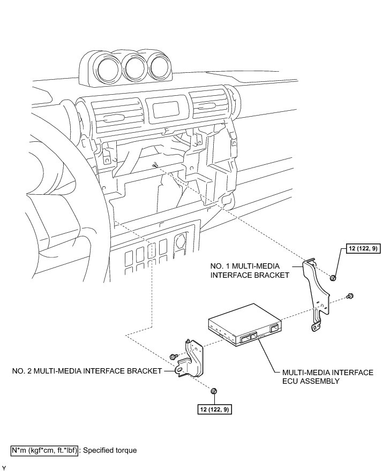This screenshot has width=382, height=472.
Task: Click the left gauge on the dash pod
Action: tap(108, 66)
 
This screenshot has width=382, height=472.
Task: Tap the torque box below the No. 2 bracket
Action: tap(214, 409)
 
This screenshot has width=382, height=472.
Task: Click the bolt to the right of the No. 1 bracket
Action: tap(350, 295)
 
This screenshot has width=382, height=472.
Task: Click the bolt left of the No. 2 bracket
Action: tap(173, 356)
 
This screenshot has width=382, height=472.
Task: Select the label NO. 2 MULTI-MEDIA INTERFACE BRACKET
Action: tap(87, 370)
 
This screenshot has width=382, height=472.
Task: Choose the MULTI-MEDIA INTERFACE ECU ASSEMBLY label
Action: tap(323, 377)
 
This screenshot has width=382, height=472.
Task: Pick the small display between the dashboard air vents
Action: tap(166, 110)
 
